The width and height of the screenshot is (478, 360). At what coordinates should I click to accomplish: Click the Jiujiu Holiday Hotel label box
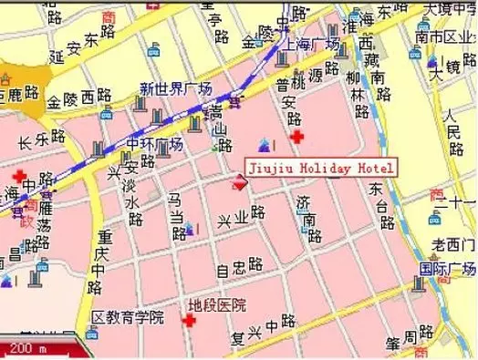[320, 169]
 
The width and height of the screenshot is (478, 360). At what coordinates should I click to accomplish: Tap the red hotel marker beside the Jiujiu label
[241, 182]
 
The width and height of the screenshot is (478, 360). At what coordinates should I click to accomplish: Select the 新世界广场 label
[175, 88]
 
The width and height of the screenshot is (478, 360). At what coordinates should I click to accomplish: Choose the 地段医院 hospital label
[216, 305]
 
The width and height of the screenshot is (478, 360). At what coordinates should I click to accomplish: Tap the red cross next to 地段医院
[191, 321]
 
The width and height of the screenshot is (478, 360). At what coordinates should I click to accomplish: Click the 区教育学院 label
[128, 317]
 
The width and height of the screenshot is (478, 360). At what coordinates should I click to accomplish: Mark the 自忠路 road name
[239, 269]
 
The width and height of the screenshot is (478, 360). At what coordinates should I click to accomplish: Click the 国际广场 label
[447, 270]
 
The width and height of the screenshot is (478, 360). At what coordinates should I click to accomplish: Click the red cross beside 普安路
[296, 138]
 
